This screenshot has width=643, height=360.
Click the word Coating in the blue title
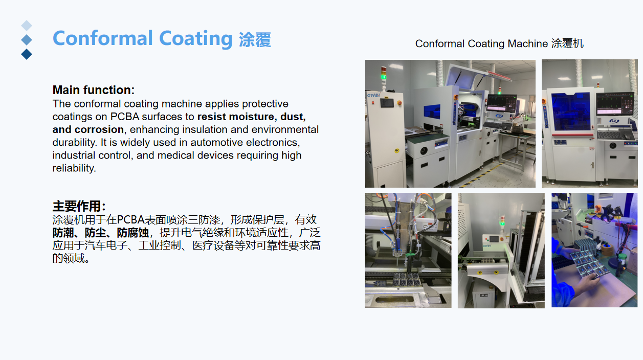pos(196,38)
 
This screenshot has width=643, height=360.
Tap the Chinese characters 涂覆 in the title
pos(255,39)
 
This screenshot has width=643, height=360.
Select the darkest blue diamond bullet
pos(27,54)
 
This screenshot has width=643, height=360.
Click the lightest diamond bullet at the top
pos(27,25)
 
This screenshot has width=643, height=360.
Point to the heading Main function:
pos(94,90)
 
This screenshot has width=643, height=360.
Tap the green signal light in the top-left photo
pos(383,78)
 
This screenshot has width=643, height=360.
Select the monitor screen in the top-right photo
pos(615,104)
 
